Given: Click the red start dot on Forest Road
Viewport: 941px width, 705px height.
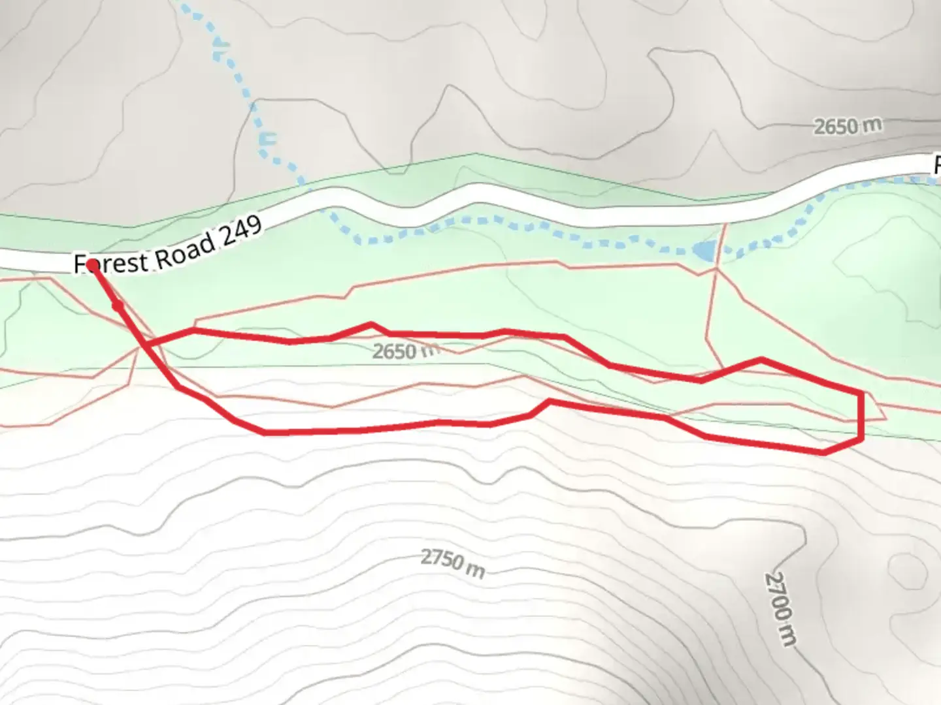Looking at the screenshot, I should pos(93,265).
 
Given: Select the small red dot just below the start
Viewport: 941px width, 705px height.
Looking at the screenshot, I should pos(118,305).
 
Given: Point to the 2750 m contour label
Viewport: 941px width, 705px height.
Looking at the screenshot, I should pos(452,563).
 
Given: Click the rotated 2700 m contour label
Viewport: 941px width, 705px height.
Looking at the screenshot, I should pos(782,608).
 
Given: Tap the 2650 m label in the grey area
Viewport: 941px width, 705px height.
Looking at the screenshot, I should pos(848,125).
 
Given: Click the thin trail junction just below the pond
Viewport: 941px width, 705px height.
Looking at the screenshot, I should pos(717,268).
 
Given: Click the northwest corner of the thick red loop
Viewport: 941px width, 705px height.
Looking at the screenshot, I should pos(194,331).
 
